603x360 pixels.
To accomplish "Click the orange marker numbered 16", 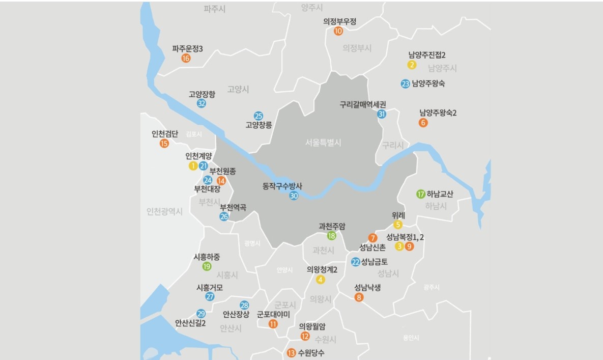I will coord(186,58).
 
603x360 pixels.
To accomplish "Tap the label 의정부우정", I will coord(339,21).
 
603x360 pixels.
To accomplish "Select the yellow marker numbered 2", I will coord(412,65).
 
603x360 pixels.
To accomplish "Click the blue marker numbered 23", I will coord(405,84).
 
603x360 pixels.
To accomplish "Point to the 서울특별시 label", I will coord(324,143).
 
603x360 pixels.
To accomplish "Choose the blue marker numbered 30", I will coord(294,196).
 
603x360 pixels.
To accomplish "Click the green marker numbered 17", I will coord(420,194).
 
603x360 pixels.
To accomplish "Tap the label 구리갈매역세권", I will coord(363,104).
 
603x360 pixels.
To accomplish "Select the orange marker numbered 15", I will coord(164,144).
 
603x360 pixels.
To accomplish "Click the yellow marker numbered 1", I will coord(193,165).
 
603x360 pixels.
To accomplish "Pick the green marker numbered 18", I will coord(331,235).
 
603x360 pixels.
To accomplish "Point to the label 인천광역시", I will coord(164,211).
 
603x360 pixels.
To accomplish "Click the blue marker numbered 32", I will coord(202,103).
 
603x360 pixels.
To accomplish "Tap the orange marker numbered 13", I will coord(291,352).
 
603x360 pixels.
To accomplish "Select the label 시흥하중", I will coord(207,257).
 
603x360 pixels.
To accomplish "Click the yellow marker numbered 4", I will coord(320,279).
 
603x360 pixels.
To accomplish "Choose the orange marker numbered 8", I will coord(359,297).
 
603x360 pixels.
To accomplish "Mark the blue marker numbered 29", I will coord(201,313).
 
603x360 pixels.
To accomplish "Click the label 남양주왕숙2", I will coord(438,113).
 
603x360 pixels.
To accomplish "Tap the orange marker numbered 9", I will coord(410,246).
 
